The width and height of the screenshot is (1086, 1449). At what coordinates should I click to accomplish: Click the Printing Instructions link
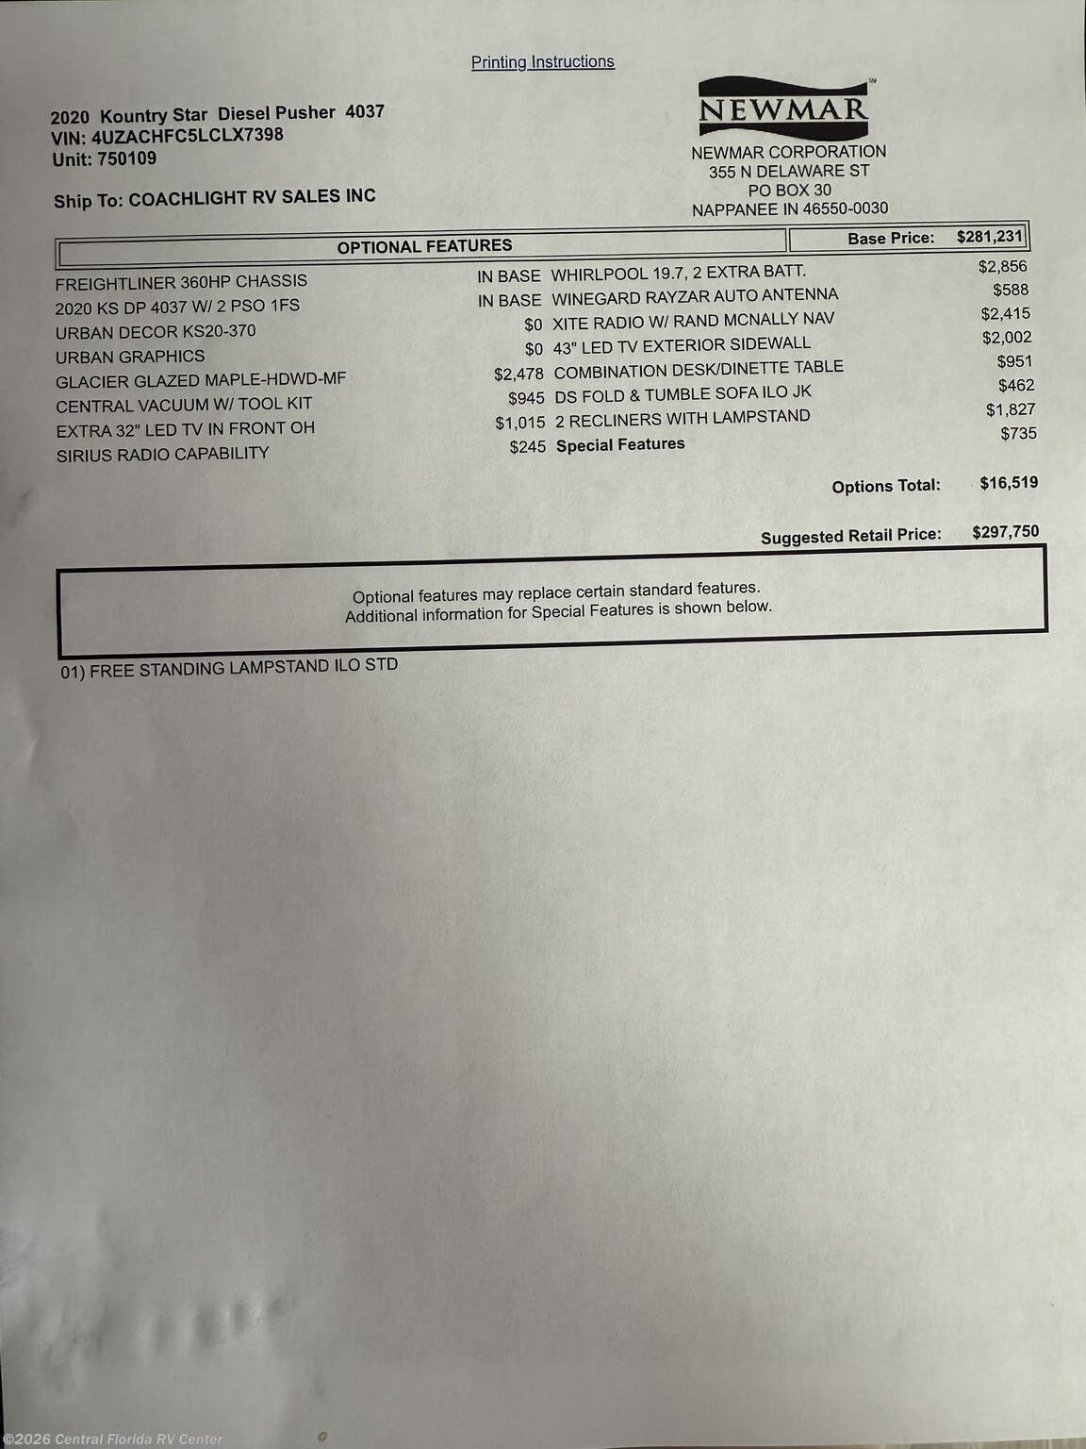point(542,62)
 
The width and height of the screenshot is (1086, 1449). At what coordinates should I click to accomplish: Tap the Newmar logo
point(783,108)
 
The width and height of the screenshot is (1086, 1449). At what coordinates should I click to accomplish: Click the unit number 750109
point(126,158)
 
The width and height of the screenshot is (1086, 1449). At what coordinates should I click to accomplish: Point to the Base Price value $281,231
point(989,237)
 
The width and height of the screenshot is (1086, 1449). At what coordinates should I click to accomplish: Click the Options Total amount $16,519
point(1009,483)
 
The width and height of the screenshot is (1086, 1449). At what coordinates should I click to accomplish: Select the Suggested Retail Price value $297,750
point(1005,532)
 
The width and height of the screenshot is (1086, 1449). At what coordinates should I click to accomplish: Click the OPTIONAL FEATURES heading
point(424,246)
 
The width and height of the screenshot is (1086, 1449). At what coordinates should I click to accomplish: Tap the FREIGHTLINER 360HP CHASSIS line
point(181,282)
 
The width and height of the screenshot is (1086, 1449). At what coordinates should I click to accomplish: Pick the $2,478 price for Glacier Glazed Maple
point(518,375)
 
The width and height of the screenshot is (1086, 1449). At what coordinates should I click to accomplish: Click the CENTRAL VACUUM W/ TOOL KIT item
point(184,405)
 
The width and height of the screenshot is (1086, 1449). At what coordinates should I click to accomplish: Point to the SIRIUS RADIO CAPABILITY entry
point(162,455)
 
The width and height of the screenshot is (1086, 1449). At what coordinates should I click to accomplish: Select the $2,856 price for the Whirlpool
point(1002,267)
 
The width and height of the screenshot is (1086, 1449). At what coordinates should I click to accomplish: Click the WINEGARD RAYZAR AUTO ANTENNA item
point(695,297)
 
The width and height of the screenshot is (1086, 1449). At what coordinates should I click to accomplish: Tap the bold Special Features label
point(620,444)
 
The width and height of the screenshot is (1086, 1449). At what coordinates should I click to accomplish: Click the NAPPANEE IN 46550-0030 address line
point(790,209)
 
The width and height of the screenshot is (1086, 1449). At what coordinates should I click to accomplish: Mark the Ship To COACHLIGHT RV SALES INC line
point(215,198)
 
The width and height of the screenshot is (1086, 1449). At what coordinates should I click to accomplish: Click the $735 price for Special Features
point(1018,434)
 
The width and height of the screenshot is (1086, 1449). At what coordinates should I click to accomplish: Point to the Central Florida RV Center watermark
point(113,1439)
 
